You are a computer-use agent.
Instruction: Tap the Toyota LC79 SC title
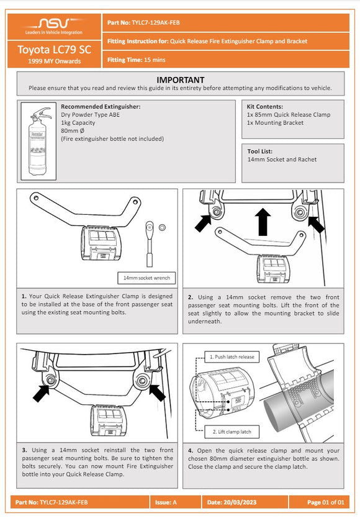point(55,50)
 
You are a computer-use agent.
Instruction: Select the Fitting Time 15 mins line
point(132,60)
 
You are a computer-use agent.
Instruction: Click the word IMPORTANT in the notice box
point(180,80)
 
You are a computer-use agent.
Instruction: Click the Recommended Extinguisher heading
point(101,107)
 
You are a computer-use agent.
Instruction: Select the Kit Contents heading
point(265,107)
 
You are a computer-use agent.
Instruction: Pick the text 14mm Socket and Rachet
point(282,160)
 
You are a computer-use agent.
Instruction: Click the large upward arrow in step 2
point(263,221)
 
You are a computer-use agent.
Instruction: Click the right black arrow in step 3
point(158,392)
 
